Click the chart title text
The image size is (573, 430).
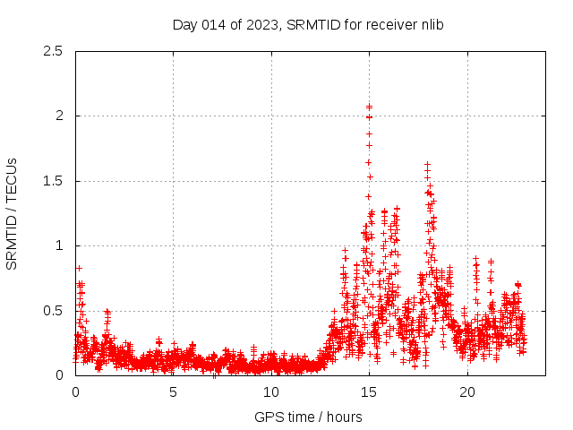(308, 25)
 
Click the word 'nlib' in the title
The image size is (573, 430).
(430, 25)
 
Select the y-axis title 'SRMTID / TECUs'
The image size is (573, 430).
(12, 213)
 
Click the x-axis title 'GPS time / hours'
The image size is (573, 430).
(308, 417)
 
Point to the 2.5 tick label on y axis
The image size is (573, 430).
(53, 51)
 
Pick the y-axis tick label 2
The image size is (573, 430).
(58, 116)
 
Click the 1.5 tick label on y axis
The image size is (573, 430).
(53, 181)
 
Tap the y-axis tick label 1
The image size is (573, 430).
(58, 245)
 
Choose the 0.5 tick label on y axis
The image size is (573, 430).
(53, 311)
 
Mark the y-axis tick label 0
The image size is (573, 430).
(58, 375)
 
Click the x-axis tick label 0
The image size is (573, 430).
(75, 392)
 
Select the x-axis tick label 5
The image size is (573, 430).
(173, 392)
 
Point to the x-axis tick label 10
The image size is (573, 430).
(271, 392)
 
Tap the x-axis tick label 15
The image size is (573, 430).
(369, 392)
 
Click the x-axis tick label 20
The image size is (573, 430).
(467, 392)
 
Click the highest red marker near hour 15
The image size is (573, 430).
(369, 107)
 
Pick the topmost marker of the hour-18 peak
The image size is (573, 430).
(428, 165)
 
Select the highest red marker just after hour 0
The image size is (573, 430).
(79, 268)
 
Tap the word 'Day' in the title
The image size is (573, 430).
(184, 25)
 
